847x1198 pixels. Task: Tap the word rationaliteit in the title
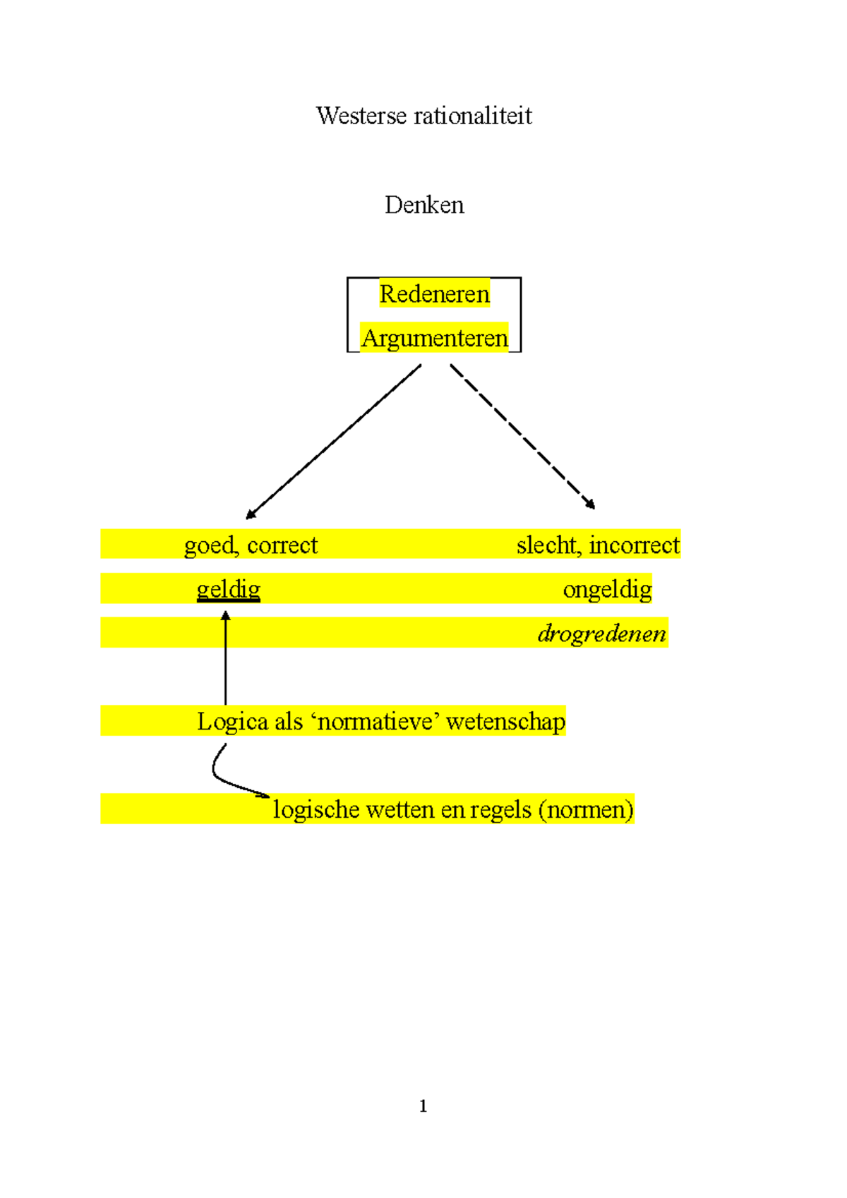tap(473, 116)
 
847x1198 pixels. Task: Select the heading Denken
tap(424, 205)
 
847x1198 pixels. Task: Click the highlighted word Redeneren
tap(434, 294)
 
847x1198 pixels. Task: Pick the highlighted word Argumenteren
tap(434, 339)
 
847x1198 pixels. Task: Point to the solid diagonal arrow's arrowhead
tap(251, 515)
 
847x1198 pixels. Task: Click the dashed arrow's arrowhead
tap(591, 504)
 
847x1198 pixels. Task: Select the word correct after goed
tap(282, 545)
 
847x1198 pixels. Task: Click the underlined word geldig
tap(228, 589)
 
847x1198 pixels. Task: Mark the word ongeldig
tap(607, 590)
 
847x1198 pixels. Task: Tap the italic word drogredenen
tap(601, 634)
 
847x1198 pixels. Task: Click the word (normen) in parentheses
tap(586, 810)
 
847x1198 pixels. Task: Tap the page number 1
tap(423, 1106)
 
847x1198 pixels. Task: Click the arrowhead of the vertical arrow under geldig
tap(226, 616)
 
